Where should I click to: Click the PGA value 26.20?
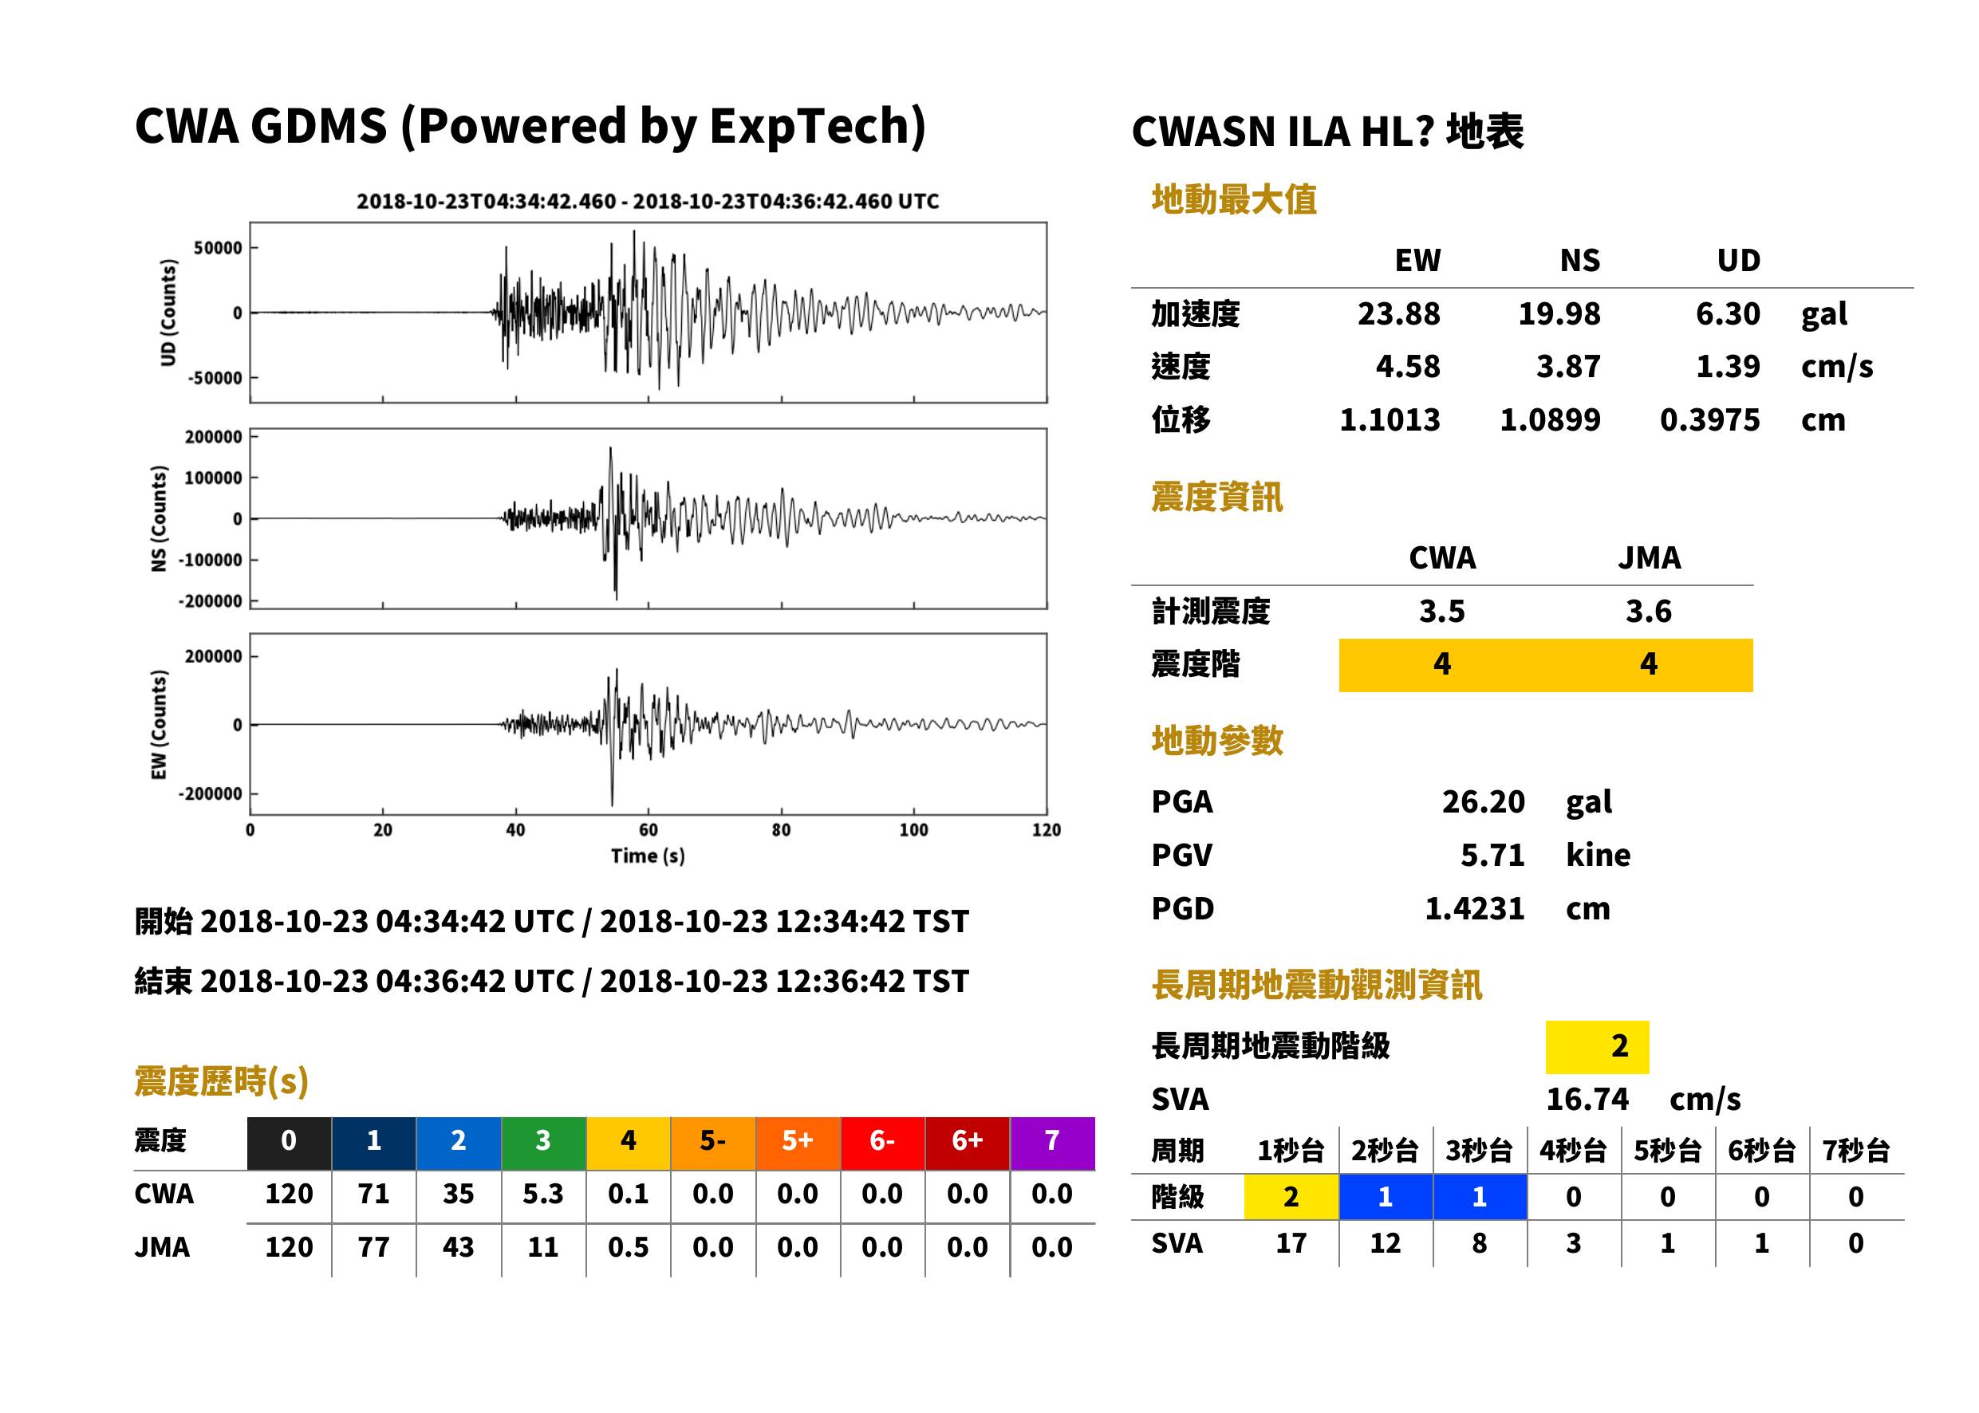(x=1483, y=801)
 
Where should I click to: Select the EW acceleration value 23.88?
(x=1398, y=313)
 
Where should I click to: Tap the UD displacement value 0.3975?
(x=1709, y=419)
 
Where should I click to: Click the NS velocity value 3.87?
(x=1568, y=366)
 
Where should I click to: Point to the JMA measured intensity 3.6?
(x=1648, y=611)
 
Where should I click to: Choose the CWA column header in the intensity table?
(x=1442, y=557)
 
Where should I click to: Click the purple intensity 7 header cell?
(x=1052, y=1140)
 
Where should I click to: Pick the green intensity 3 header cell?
(x=543, y=1140)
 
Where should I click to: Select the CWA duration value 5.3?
(x=543, y=1194)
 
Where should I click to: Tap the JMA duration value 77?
(x=373, y=1247)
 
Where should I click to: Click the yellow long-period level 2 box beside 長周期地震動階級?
(x=1597, y=1046)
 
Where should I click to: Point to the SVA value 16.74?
(x=1587, y=1099)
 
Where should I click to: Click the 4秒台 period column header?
(x=1572, y=1150)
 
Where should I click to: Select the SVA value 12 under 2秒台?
(x=1386, y=1243)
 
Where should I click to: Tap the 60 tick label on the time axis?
(x=648, y=830)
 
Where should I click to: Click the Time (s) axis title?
(x=648, y=856)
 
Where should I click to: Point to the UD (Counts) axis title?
(x=168, y=313)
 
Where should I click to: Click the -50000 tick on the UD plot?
(x=215, y=378)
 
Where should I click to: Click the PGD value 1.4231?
(x=1474, y=908)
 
